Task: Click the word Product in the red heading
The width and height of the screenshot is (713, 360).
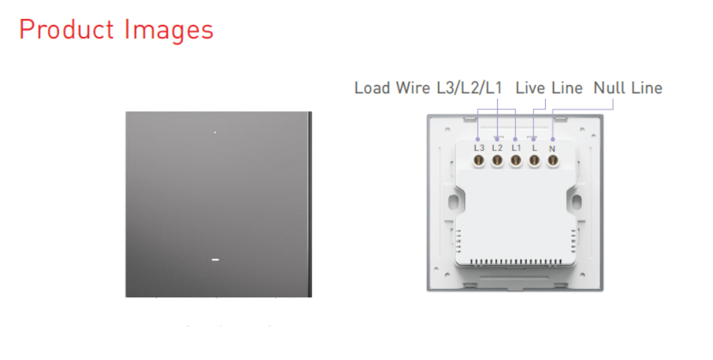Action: click(x=66, y=29)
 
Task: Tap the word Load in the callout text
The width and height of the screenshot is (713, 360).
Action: click(x=373, y=88)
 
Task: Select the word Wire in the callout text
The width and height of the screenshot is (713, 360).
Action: click(x=412, y=88)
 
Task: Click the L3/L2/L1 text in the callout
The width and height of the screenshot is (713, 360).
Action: click(x=469, y=88)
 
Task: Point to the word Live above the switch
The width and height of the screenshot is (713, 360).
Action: click(x=529, y=88)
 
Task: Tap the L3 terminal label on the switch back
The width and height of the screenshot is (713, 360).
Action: click(x=479, y=148)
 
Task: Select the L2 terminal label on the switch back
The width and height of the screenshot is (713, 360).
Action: click(x=497, y=148)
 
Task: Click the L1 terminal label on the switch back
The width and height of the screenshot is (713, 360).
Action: click(x=516, y=148)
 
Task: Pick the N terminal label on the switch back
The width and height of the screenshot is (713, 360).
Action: click(x=552, y=148)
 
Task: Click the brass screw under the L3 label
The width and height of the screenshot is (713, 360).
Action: click(x=478, y=160)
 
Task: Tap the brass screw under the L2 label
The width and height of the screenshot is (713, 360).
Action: click(x=497, y=160)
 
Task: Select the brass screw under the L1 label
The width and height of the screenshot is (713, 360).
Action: click(x=516, y=160)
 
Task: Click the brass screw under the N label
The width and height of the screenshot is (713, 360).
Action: click(x=553, y=160)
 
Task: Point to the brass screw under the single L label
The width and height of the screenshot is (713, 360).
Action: click(x=534, y=160)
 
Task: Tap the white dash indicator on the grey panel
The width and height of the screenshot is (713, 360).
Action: click(x=216, y=260)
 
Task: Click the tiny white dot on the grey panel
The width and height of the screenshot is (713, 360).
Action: click(x=215, y=132)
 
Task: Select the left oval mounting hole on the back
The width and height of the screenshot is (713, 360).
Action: click(x=453, y=202)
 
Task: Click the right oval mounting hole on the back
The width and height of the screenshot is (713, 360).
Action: click(x=577, y=202)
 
